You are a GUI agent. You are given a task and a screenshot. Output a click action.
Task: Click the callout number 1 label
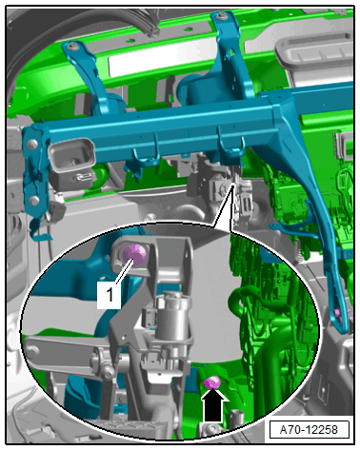(x=109, y=295)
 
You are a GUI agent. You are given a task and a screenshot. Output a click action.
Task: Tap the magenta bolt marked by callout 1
(x=134, y=254)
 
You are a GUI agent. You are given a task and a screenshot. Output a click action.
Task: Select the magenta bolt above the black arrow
(x=212, y=382)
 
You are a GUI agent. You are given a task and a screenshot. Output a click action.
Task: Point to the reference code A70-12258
(x=309, y=430)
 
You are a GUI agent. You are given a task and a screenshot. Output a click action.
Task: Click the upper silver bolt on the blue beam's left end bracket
(x=32, y=145)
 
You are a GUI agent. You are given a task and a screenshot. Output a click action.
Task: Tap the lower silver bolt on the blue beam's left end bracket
(x=33, y=201)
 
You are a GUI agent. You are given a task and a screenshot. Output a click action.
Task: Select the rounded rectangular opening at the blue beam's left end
(x=71, y=155)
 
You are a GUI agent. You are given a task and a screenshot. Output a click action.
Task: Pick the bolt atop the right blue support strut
(x=222, y=15)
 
